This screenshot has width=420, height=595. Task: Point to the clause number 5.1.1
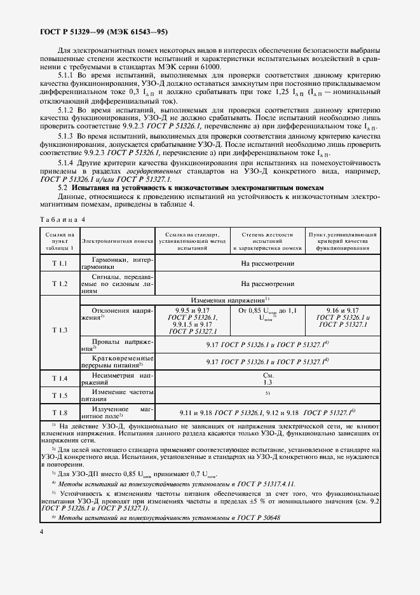click(66, 75)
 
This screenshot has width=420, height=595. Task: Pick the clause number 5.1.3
click(66, 137)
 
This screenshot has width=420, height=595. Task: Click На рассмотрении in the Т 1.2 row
click(268, 284)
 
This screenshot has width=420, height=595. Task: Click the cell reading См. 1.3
click(268, 379)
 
